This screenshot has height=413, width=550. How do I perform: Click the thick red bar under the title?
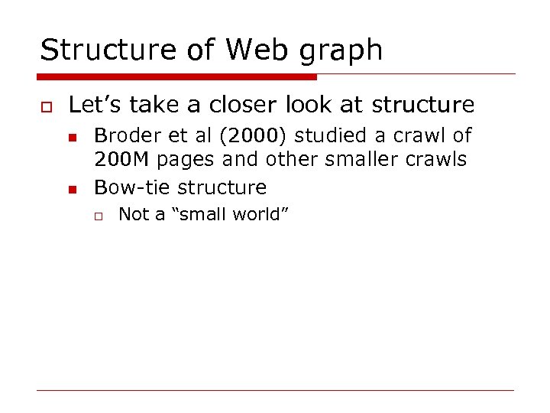(177, 77)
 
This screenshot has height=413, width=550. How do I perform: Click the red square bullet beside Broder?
(72, 137)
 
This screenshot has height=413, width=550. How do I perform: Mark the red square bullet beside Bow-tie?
(72, 188)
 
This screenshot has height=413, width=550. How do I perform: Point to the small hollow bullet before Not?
(98, 215)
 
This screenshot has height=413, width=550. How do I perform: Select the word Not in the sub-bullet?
(133, 214)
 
